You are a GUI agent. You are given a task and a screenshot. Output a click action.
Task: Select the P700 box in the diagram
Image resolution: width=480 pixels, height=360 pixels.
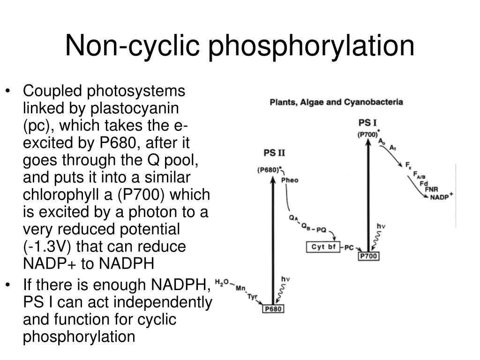tap(368, 256)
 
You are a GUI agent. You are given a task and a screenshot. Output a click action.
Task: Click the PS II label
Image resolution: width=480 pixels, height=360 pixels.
tap(275, 153)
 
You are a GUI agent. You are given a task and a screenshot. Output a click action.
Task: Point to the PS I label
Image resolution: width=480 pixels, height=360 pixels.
tap(367, 123)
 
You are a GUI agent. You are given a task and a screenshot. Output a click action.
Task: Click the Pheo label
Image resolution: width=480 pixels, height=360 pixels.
tap(291, 180)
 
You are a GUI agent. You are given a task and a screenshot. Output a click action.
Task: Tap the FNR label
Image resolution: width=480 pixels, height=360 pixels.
tap(431, 189)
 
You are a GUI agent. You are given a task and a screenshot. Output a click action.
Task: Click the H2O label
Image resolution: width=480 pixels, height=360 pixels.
tap(222, 282)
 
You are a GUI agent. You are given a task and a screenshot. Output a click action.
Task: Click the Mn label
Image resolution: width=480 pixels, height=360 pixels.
tap(241, 289)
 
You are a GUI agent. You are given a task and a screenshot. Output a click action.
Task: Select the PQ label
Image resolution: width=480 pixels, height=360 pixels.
tap(321, 230)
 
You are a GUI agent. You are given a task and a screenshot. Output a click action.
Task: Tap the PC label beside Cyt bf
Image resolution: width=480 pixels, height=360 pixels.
tap(349, 247)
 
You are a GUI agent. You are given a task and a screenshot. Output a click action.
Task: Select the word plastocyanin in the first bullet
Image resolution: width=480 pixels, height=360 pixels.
tap(135, 108)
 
